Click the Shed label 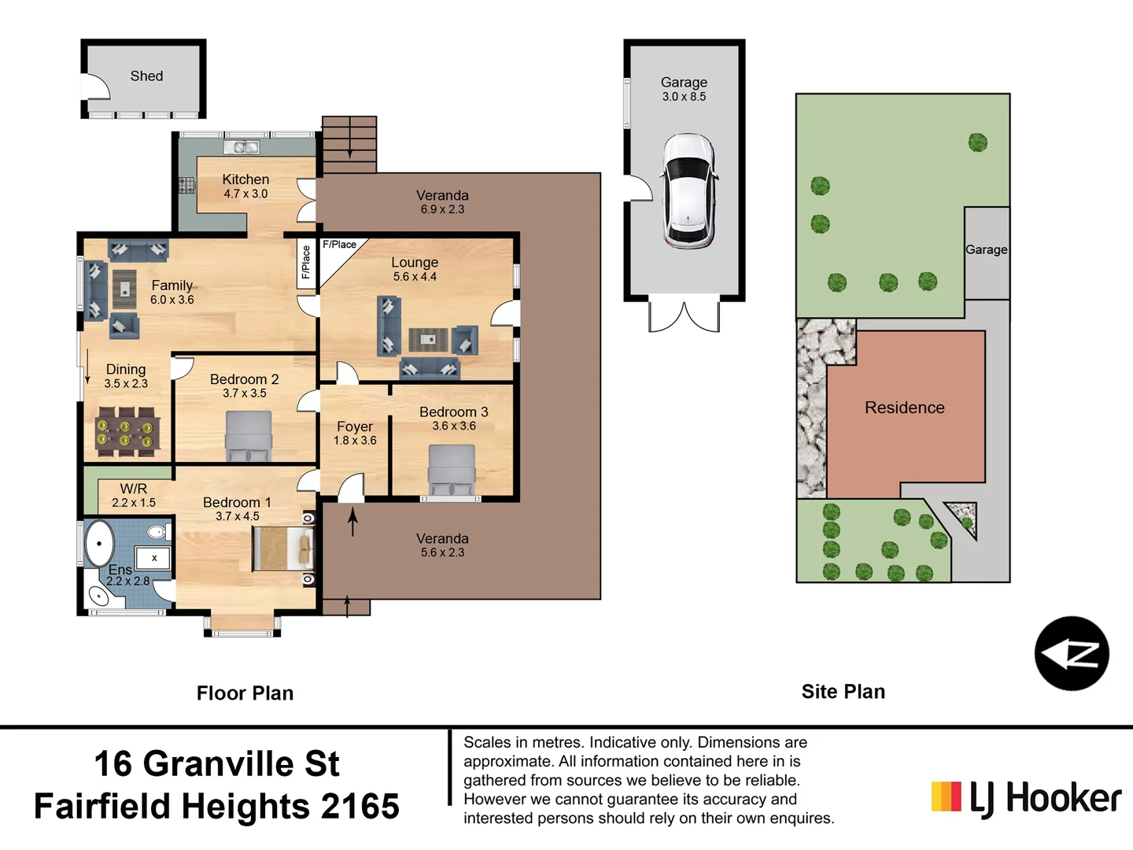[x=146, y=76]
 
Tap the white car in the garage [x=688, y=191]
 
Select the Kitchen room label [x=245, y=179]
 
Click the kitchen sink [x=242, y=147]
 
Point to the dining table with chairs [x=127, y=431]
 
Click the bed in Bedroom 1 [x=282, y=549]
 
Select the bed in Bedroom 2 [x=249, y=436]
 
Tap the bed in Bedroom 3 [x=452, y=470]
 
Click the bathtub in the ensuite [x=100, y=543]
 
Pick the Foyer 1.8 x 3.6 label [x=355, y=433]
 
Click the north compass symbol [x=1071, y=654]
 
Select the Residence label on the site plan [x=904, y=408]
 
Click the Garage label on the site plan [x=986, y=249]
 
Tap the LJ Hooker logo [x=1026, y=798]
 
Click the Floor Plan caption [x=245, y=693]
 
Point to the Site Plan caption [x=843, y=692]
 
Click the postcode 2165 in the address [x=360, y=807]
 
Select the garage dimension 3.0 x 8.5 [x=684, y=97]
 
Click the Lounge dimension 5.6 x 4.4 [x=415, y=277]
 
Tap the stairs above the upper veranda [x=349, y=144]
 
